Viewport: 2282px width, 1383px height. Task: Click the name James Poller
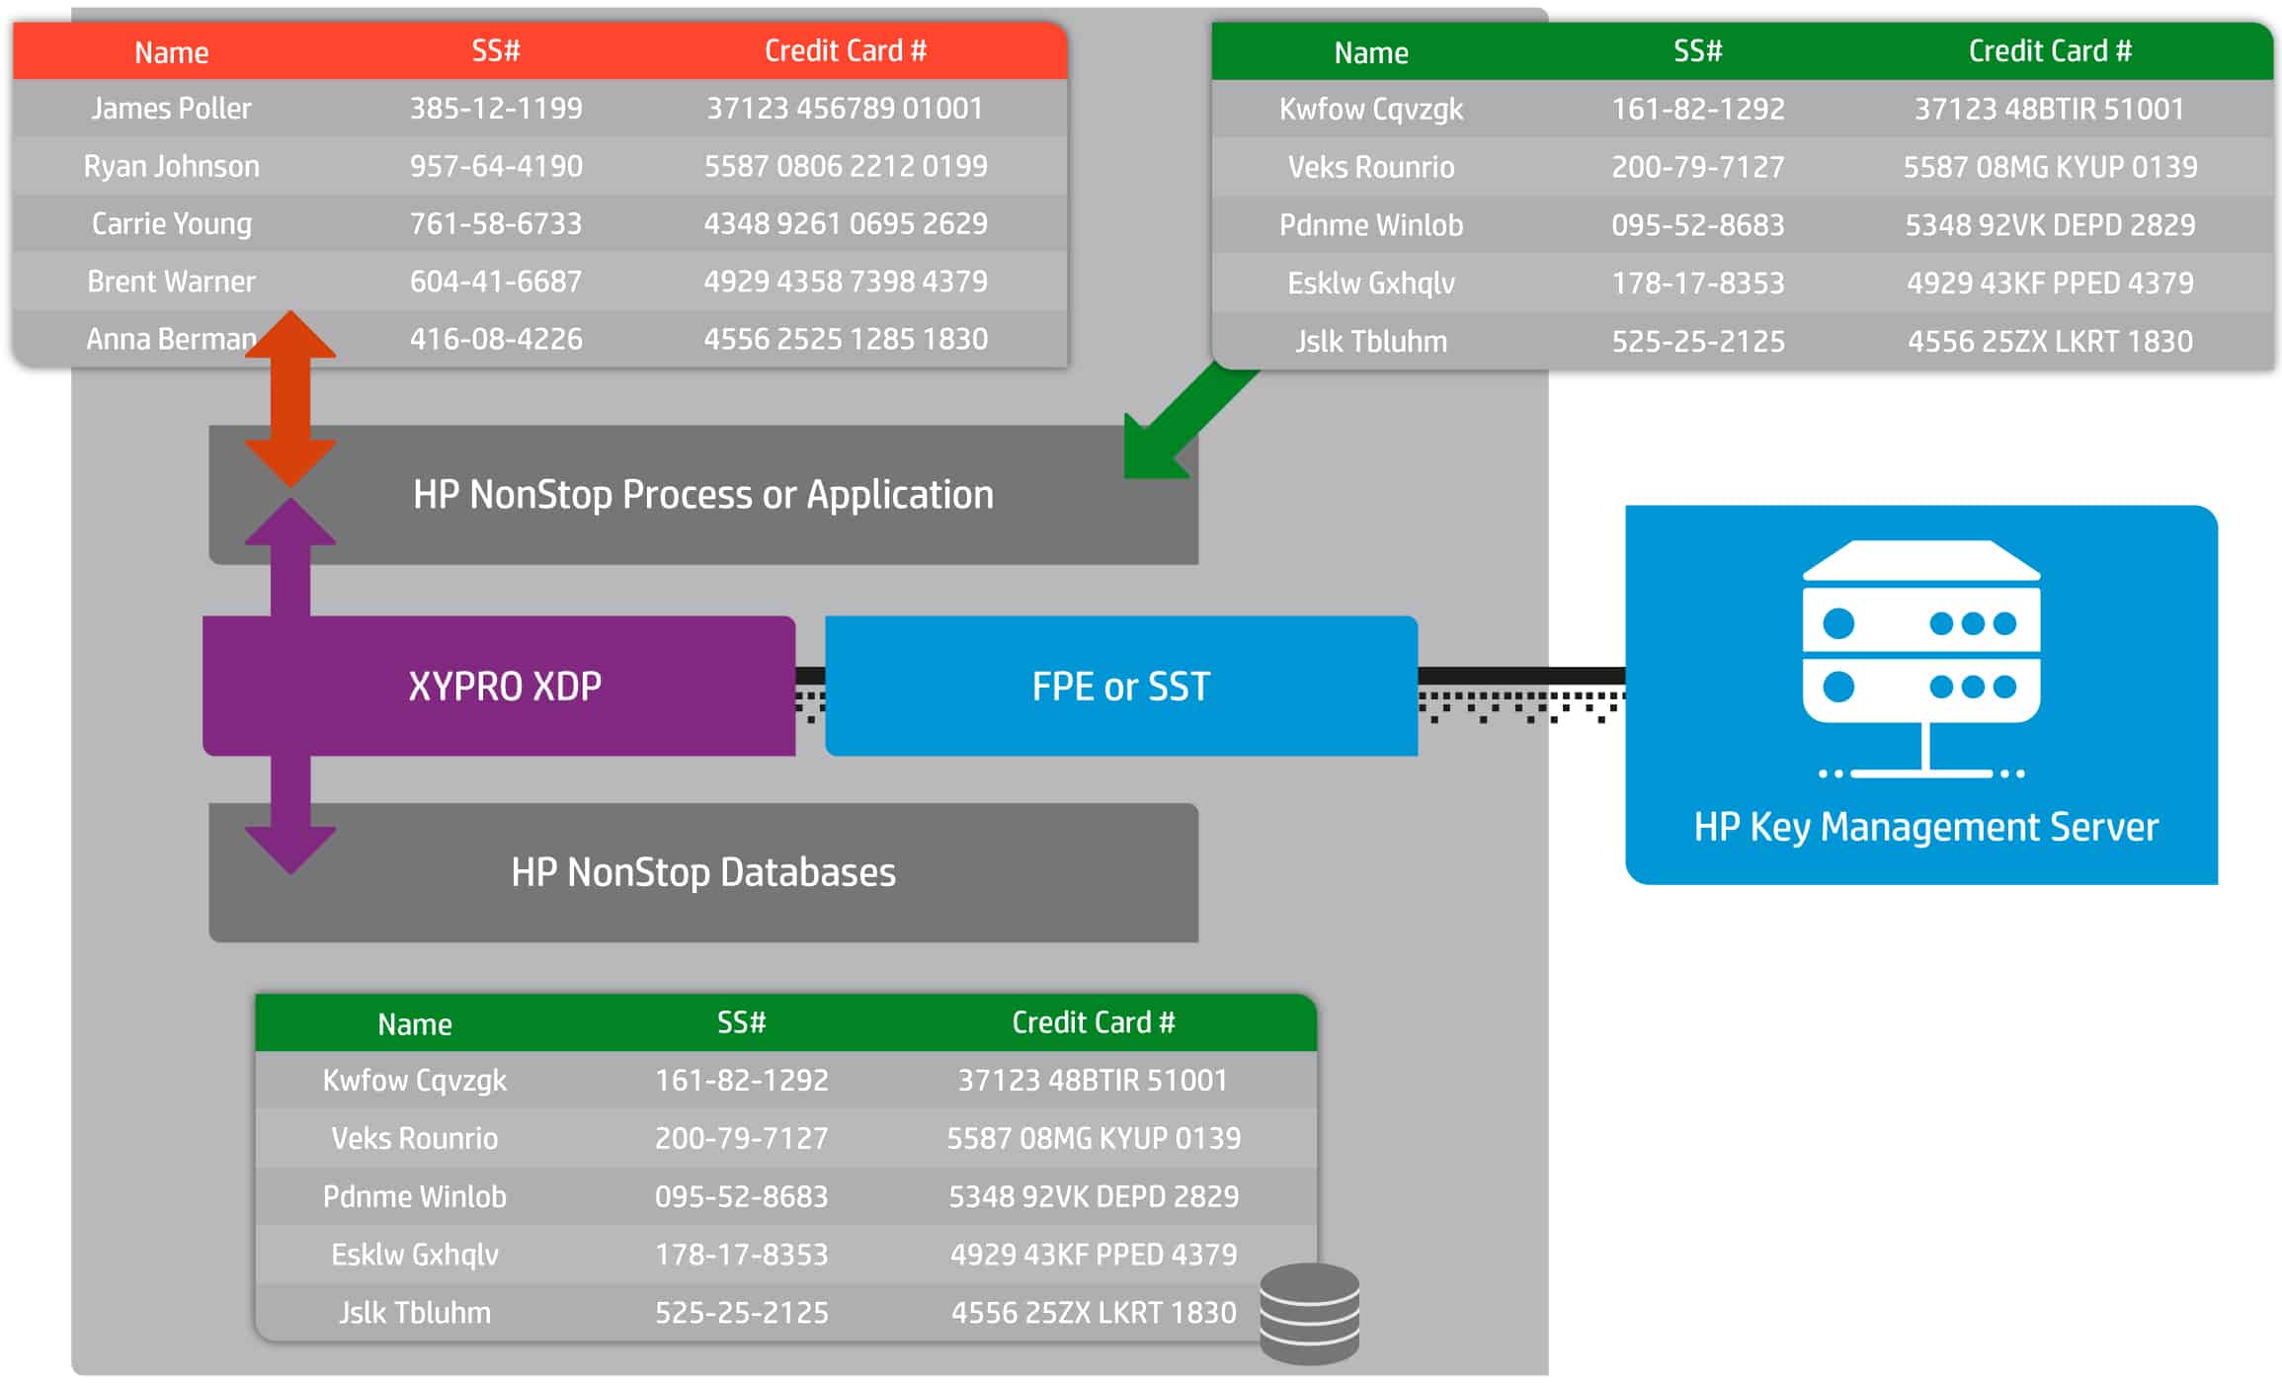point(171,108)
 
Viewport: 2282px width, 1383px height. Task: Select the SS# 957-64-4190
point(496,166)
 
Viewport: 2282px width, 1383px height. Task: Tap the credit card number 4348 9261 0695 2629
point(846,223)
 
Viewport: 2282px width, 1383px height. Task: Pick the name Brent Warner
point(171,282)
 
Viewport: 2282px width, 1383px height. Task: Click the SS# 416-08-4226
point(496,339)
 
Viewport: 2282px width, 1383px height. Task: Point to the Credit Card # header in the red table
point(846,50)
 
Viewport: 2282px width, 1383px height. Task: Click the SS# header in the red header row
point(496,50)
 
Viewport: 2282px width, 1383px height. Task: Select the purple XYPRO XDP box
point(499,686)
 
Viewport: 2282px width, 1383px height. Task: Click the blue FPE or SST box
point(1121,686)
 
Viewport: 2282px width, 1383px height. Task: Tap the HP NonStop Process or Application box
point(703,495)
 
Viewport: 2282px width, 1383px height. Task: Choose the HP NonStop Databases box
point(703,872)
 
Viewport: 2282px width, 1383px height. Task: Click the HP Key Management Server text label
point(1925,827)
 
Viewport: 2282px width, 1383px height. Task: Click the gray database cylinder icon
point(1310,1314)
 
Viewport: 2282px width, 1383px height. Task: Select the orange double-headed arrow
point(290,398)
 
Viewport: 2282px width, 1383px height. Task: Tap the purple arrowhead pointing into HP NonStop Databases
point(290,850)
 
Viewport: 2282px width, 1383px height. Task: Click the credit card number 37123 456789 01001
point(846,108)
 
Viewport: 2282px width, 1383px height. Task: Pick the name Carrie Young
point(171,223)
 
